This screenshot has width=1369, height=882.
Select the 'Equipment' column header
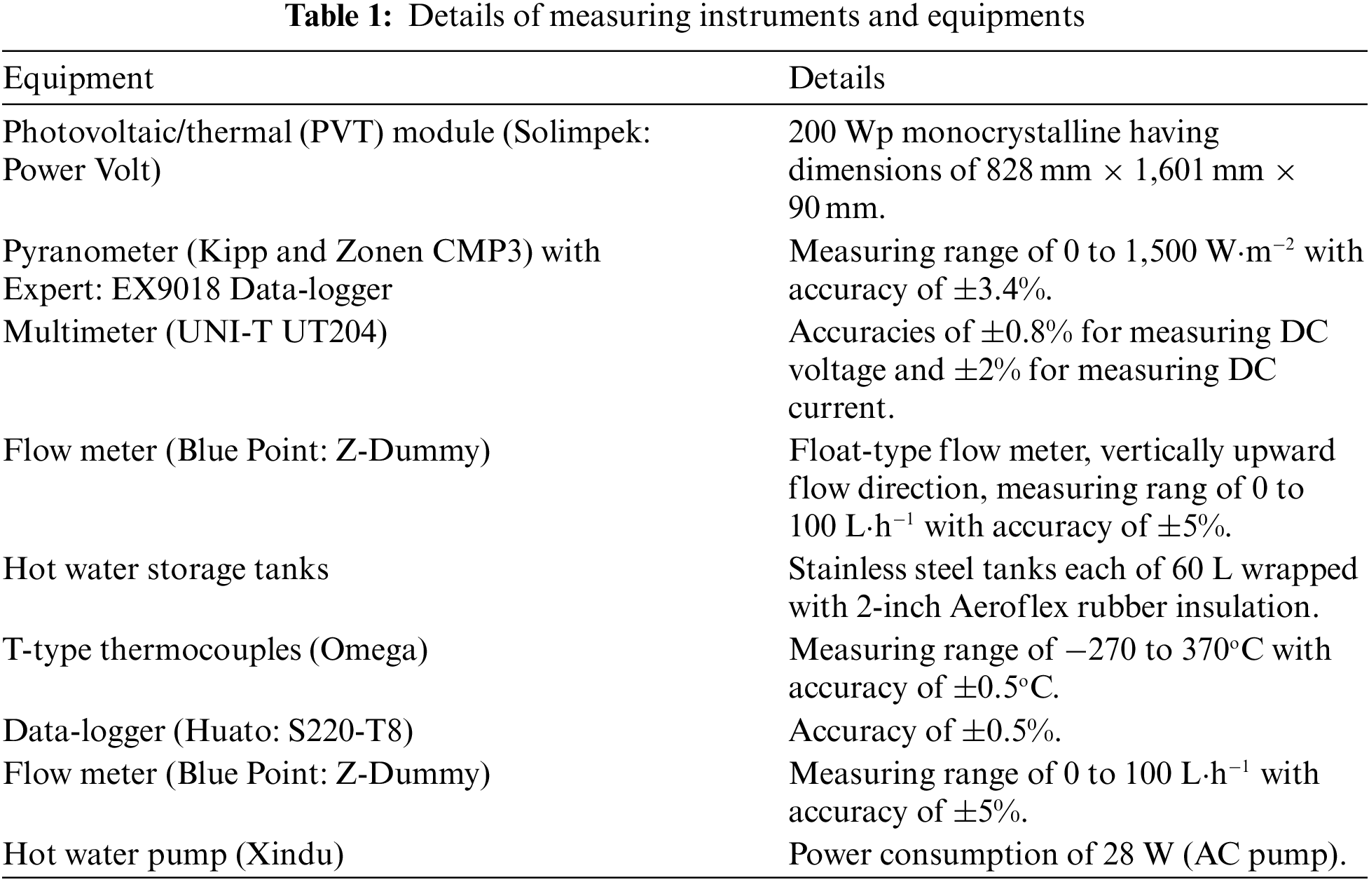(x=78, y=79)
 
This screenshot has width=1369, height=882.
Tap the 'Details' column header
(x=837, y=79)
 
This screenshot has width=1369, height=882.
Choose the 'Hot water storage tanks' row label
(x=166, y=569)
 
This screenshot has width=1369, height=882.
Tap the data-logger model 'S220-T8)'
(x=350, y=731)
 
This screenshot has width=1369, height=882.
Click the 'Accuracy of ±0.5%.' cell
(x=925, y=731)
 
